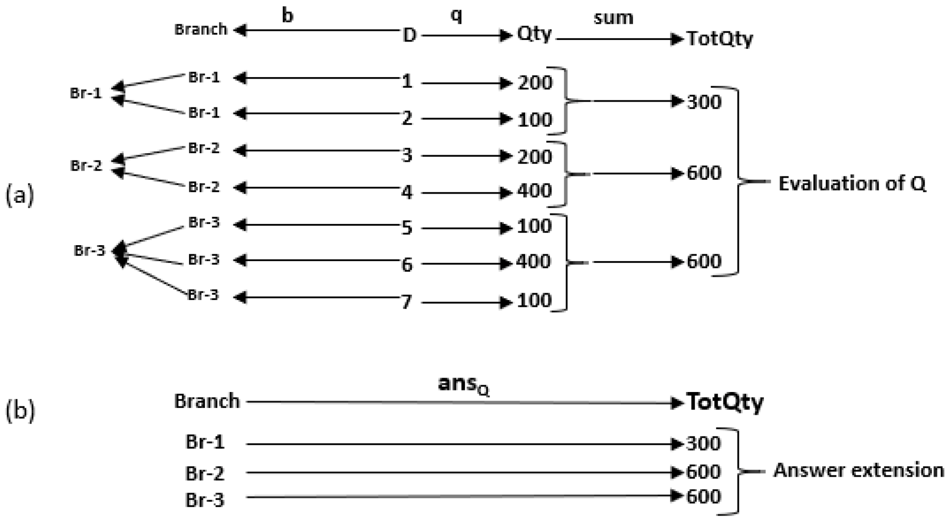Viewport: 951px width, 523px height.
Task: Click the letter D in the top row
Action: (x=409, y=35)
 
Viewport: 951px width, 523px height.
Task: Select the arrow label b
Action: (x=288, y=15)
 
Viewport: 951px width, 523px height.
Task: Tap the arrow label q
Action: (x=456, y=15)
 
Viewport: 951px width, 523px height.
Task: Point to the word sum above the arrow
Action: (x=613, y=18)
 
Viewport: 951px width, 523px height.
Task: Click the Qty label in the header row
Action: (x=534, y=34)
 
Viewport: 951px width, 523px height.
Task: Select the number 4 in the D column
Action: (x=407, y=193)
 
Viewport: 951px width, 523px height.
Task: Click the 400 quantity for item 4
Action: (x=535, y=191)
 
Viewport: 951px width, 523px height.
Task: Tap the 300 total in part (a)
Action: (x=704, y=102)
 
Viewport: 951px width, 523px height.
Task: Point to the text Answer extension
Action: (x=859, y=470)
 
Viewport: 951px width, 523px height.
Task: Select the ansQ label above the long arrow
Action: (x=463, y=384)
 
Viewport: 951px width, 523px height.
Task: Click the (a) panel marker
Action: (x=19, y=196)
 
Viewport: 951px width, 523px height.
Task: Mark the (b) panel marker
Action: (x=20, y=411)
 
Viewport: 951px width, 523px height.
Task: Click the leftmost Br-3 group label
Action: (x=90, y=251)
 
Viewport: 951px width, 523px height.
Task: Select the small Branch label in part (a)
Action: (x=201, y=29)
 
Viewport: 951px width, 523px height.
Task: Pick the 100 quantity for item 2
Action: (x=535, y=120)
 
